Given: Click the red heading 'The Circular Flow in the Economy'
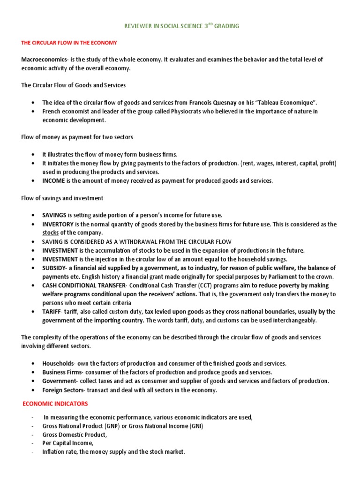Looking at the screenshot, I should tap(69, 43).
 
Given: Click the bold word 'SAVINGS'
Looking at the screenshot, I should tap(54, 215).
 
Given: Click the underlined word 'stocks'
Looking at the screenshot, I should tap(50, 232).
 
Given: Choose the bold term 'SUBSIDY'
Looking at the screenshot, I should tap(54, 268).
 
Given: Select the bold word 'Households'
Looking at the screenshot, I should tap(58, 363).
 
